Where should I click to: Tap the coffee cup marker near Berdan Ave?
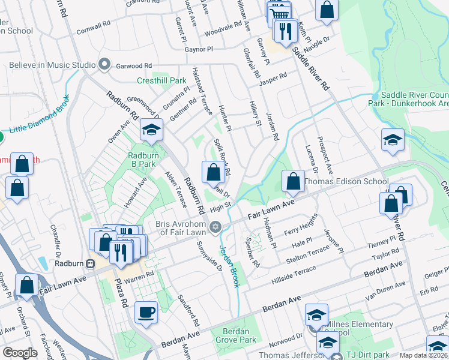(x=146, y=313)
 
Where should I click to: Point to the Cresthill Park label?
(x=161, y=80)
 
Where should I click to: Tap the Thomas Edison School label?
(x=346, y=181)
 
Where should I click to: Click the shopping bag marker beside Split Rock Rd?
(x=212, y=173)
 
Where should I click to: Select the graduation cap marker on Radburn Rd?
(x=152, y=130)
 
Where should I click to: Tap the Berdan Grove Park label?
(x=231, y=336)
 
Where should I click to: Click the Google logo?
(x=20, y=352)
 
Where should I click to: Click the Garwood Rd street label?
(x=134, y=65)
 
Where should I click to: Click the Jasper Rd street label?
(x=274, y=77)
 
